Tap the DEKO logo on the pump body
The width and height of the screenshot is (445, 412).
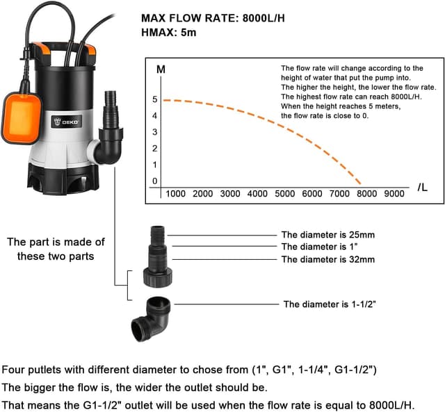[x=69, y=121]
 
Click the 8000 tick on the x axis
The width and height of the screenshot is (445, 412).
[x=366, y=194]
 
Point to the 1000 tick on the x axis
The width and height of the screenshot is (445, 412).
[x=175, y=194]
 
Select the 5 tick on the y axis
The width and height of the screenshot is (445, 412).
[x=155, y=99]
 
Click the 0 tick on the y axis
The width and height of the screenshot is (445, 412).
[x=155, y=181]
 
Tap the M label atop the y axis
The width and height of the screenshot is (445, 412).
[x=161, y=69]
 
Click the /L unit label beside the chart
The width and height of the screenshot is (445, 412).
[x=423, y=188]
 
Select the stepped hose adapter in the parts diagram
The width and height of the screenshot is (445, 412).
[x=156, y=254]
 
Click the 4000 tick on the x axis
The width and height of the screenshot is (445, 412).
[x=257, y=194]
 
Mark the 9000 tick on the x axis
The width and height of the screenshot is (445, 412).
[x=394, y=194]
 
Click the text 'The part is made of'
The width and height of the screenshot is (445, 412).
[x=56, y=242]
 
